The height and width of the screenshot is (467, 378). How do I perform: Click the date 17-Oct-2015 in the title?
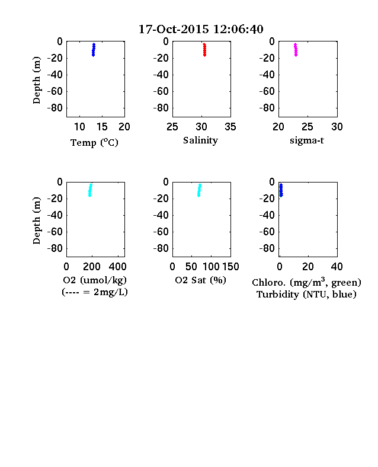point(174,29)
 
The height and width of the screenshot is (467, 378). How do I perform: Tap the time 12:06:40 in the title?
point(238,29)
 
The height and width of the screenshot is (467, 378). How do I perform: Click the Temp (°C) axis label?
point(94,143)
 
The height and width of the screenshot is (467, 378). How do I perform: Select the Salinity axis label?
point(200,140)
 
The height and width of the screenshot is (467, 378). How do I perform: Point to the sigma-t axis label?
point(307,140)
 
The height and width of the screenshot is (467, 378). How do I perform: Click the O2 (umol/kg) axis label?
point(95,280)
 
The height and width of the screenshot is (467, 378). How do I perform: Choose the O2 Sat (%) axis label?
point(201,280)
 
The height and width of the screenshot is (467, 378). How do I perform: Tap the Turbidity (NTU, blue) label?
point(306,295)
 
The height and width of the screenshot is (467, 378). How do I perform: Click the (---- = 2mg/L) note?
point(95,292)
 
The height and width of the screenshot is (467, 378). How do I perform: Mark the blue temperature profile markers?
point(94,50)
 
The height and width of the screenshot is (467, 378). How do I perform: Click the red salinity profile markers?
point(204,50)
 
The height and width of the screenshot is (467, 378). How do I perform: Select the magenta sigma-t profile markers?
point(296,50)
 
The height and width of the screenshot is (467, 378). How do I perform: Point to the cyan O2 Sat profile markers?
point(200,190)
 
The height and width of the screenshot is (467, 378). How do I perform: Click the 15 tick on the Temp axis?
point(102,127)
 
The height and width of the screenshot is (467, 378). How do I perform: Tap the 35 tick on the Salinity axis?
point(230,127)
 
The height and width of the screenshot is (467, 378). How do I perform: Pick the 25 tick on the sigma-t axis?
point(307,127)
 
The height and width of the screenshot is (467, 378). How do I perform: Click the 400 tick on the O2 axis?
point(117,267)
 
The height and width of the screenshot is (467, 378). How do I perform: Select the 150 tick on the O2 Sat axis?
point(230,267)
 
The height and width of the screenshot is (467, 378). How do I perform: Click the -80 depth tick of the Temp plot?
point(55,108)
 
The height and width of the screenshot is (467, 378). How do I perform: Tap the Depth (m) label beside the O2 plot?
point(36,220)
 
